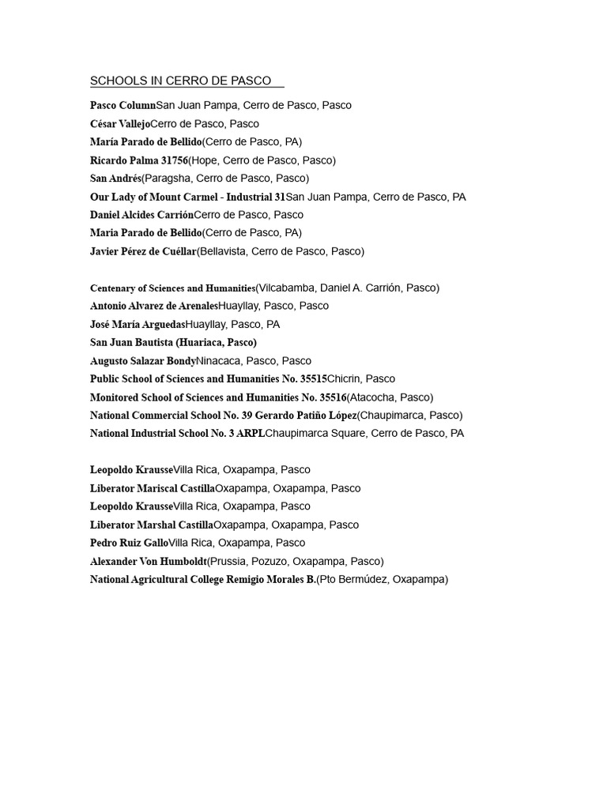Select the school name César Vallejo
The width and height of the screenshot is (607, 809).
click(119, 124)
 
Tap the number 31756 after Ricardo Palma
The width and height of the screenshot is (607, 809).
click(172, 160)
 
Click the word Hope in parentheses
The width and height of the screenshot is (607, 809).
click(205, 160)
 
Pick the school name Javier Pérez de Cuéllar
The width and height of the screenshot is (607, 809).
click(143, 251)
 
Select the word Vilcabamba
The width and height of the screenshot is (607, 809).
click(286, 288)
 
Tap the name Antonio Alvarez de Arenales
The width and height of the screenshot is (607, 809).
click(154, 306)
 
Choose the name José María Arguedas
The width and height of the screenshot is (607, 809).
click(138, 324)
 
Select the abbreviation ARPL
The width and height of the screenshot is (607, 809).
click(251, 434)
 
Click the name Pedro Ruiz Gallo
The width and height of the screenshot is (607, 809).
click(130, 543)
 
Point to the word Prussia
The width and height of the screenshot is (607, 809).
click(228, 561)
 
